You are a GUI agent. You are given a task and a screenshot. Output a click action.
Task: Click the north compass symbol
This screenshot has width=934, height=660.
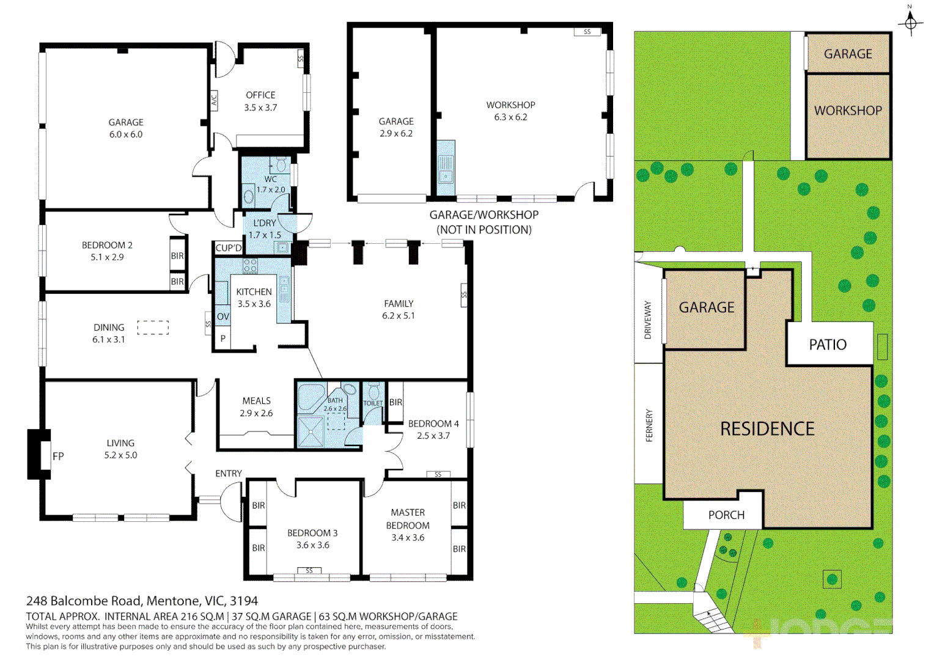click(910, 23)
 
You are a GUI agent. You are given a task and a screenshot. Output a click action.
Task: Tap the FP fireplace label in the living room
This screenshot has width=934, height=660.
click(58, 456)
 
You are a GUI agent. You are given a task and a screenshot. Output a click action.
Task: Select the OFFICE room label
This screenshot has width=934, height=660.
click(260, 95)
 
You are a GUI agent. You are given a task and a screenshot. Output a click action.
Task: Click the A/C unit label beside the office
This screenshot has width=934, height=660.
click(214, 100)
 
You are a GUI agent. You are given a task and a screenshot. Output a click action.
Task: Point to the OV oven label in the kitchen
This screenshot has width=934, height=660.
click(222, 317)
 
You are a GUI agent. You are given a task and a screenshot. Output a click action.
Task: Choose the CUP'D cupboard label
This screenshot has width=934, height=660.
click(229, 248)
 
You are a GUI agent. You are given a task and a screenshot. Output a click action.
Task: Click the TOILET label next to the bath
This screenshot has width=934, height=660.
click(373, 403)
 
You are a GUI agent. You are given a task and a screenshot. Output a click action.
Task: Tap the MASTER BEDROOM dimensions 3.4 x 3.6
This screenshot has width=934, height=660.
click(408, 538)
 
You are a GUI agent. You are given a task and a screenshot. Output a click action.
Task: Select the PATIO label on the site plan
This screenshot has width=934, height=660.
click(828, 345)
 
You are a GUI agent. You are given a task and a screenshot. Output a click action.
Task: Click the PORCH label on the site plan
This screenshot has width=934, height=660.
click(726, 515)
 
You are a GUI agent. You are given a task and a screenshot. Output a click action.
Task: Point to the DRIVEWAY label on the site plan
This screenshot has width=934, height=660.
click(648, 320)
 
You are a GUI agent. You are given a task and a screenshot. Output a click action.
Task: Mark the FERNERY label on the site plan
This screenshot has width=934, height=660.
click(649, 425)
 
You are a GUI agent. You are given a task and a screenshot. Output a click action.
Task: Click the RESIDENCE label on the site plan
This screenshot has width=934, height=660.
click(767, 429)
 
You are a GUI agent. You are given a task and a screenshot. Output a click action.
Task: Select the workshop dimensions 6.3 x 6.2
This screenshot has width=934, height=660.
click(510, 117)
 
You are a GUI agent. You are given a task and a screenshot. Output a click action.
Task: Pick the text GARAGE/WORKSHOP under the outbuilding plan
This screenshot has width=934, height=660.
click(484, 215)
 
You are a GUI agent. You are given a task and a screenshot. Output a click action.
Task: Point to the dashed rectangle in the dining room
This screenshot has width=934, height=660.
click(153, 328)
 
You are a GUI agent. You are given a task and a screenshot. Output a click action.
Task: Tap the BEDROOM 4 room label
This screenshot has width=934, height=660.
click(433, 424)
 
